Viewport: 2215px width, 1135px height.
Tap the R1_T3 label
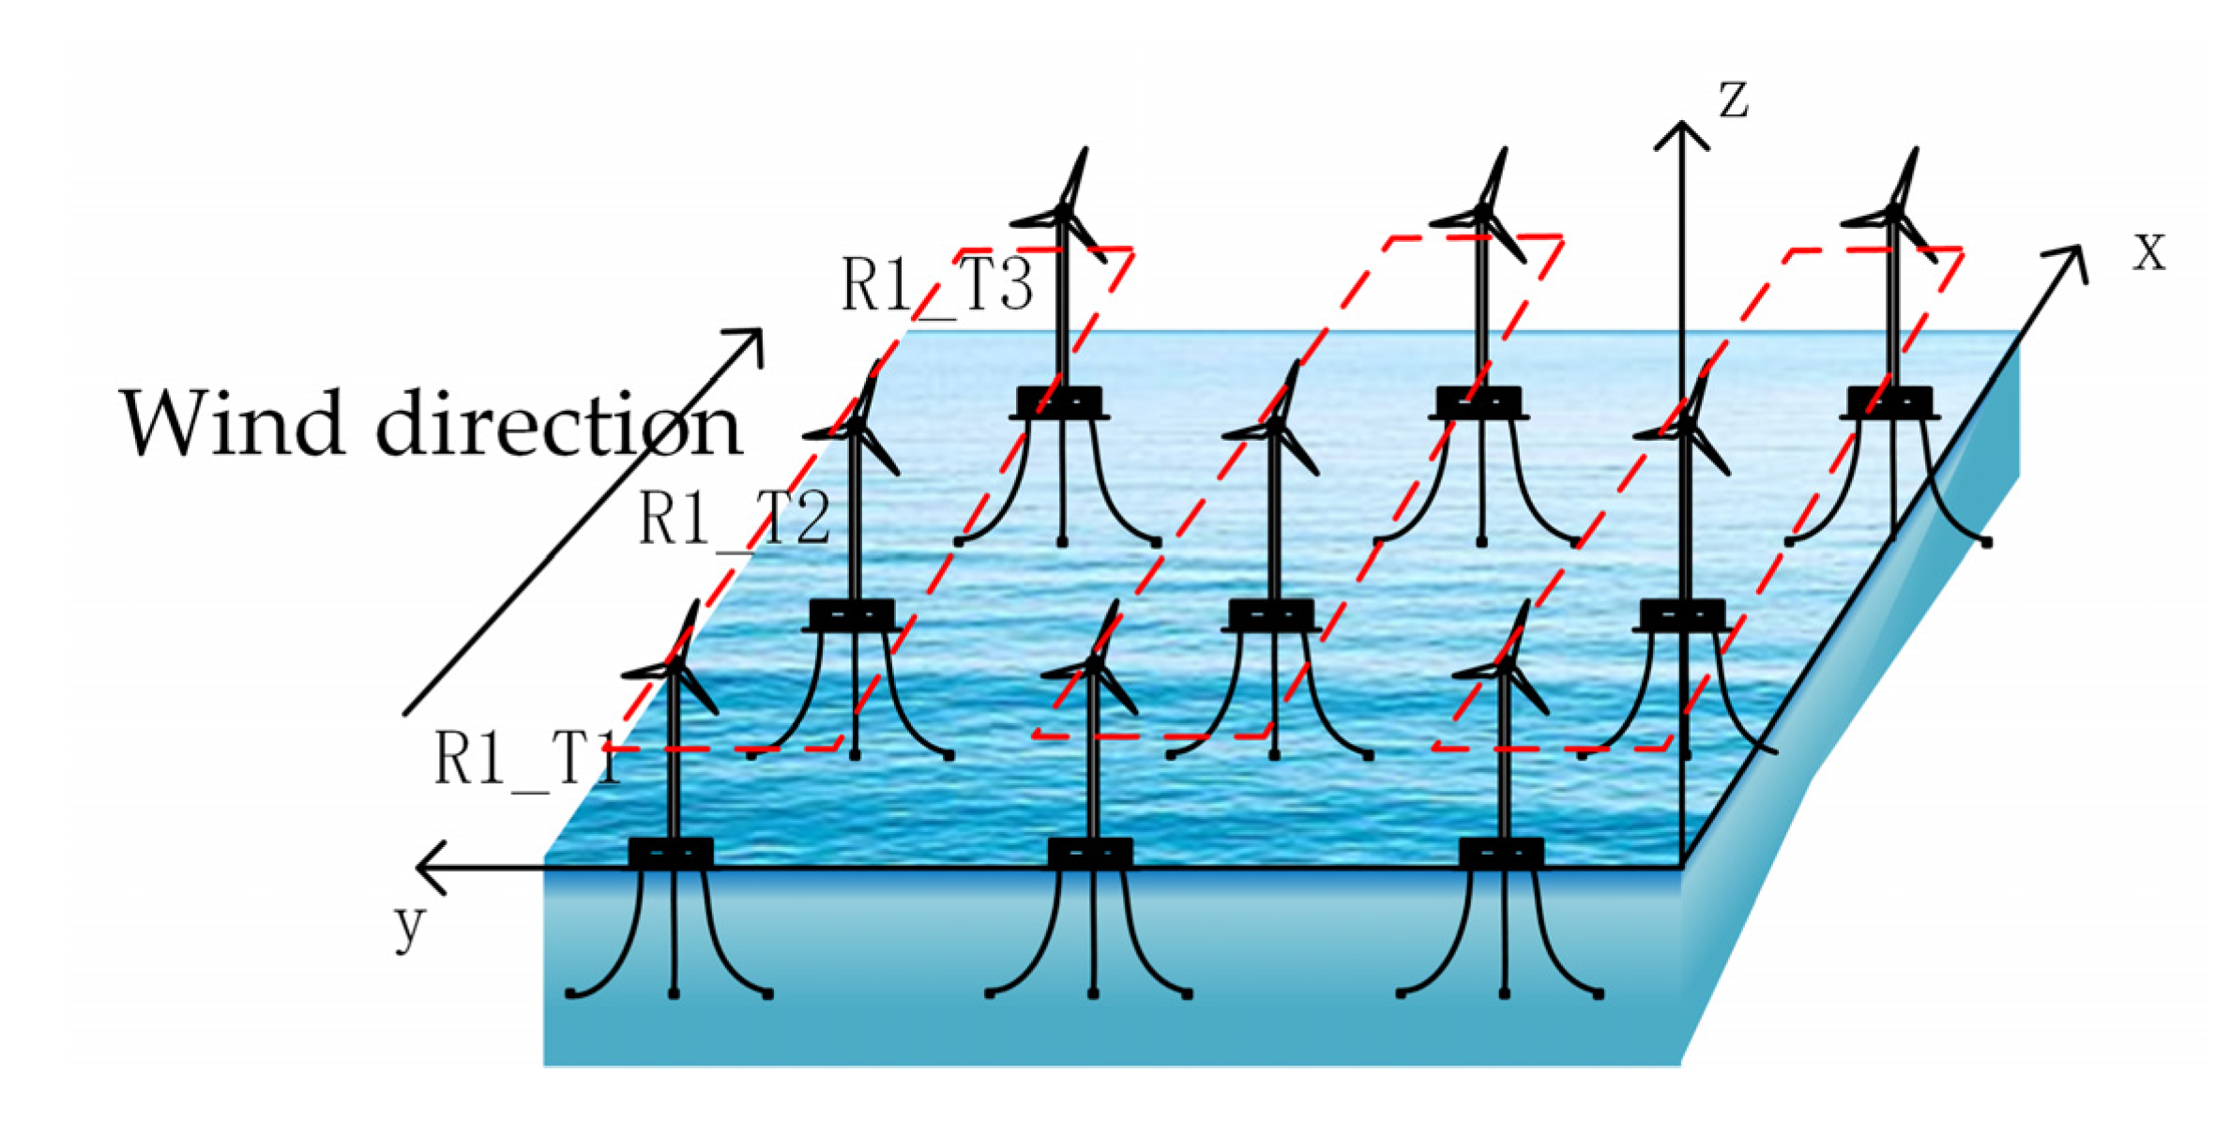(936, 284)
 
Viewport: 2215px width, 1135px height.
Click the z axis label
(1733, 99)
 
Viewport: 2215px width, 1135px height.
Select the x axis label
(2149, 253)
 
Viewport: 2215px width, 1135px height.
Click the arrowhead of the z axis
(1681, 131)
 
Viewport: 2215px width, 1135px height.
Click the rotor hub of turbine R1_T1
(675, 667)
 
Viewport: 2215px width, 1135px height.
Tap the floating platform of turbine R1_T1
(671, 853)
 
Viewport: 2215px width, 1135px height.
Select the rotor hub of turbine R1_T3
(1064, 215)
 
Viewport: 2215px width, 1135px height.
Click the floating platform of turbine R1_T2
(852, 614)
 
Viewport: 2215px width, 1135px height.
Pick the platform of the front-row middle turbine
(1090, 853)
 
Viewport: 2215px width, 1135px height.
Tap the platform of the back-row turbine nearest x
(1889, 401)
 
